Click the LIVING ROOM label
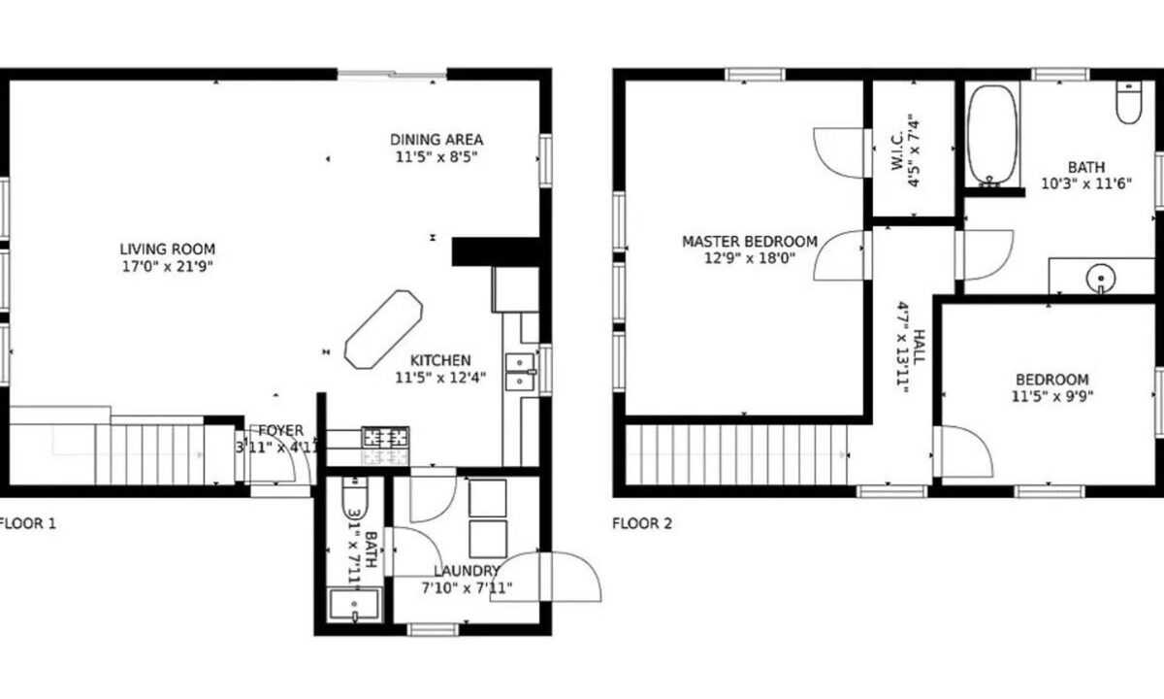pyautogui.click(x=167, y=249)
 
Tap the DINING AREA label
pyautogui.click(x=436, y=139)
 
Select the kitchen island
pyautogui.click(x=384, y=327)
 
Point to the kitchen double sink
pyautogui.click(x=521, y=371)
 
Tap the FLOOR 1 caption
pyautogui.click(x=26, y=523)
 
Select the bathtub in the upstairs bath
pyautogui.click(x=991, y=134)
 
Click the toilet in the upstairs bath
pyautogui.click(x=1128, y=103)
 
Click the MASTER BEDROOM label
pyautogui.click(x=749, y=242)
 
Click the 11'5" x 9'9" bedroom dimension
pyautogui.click(x=1051, y=396)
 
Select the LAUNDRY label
pyautogui.click(x=467, y=571)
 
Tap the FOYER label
pyautogui.click(x=280, y=431)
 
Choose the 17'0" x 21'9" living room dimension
pyautogui.click(x=167, y=265)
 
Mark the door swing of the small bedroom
pyautogui.click(x=963, y=452)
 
